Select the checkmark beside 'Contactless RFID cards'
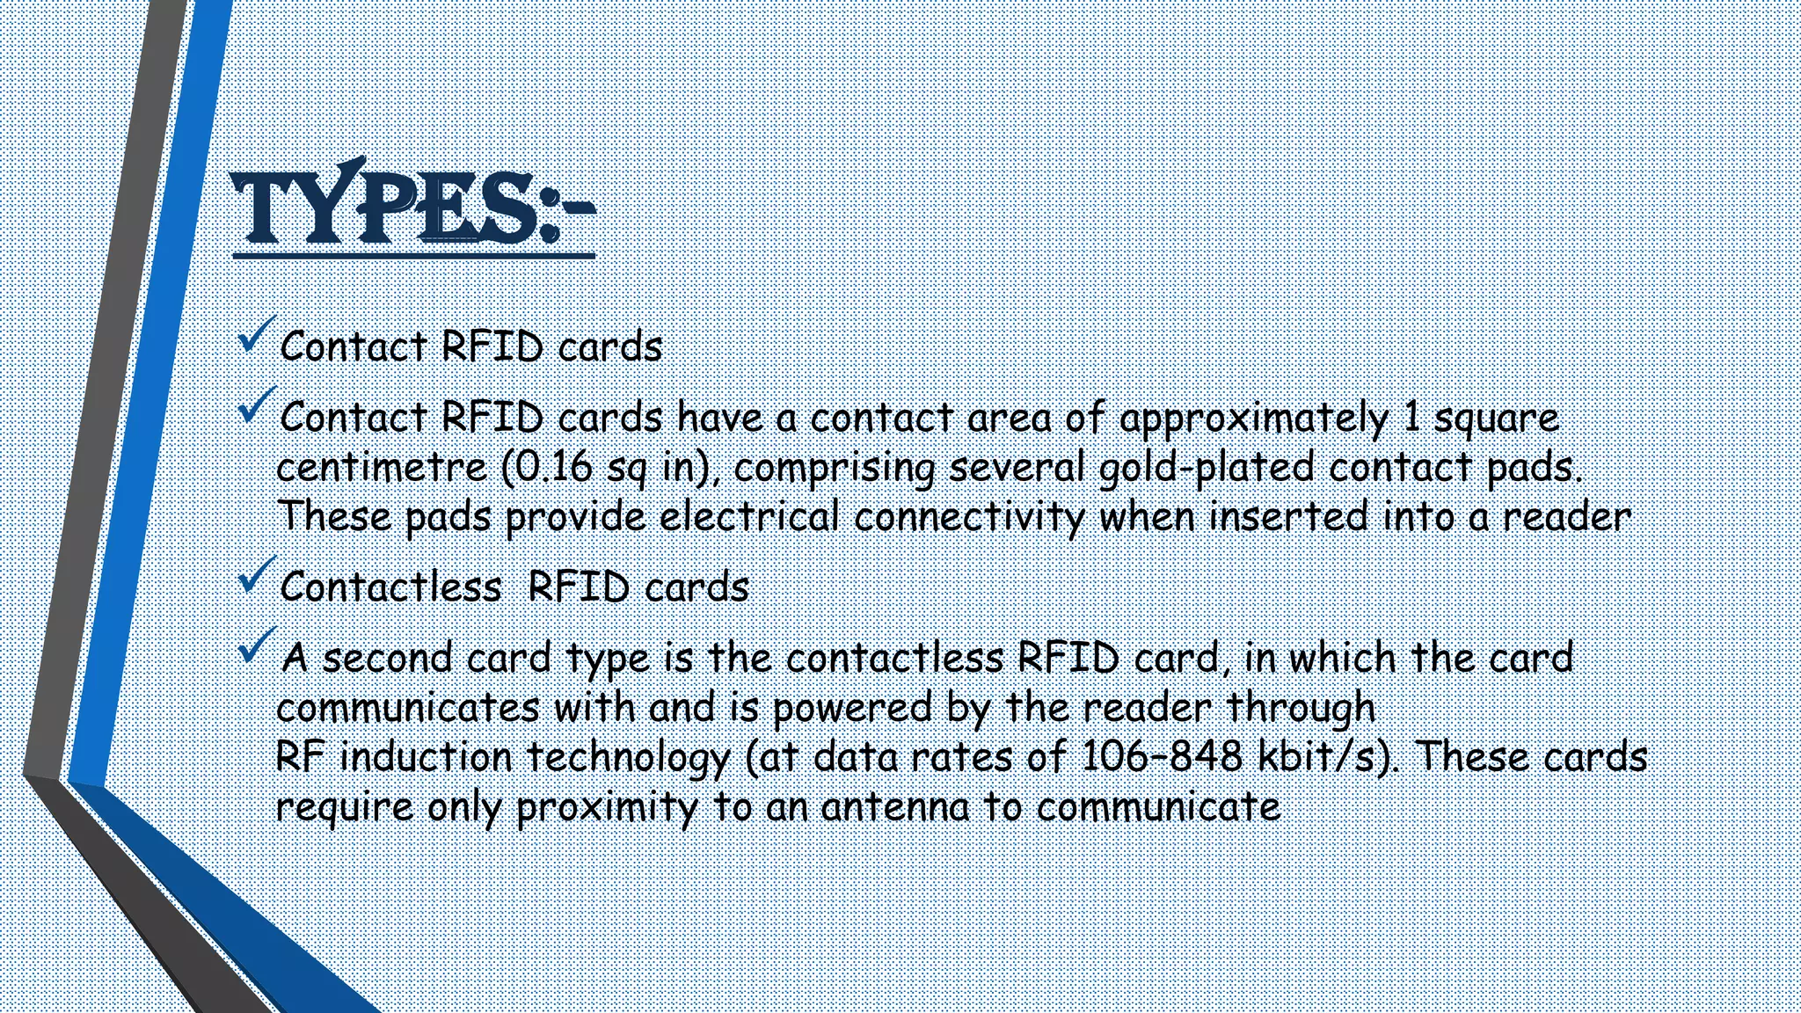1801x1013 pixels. [257, 575]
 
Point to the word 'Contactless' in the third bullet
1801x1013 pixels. [390, 587]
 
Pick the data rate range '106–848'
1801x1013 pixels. [1161, 756]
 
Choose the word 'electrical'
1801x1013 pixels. [750, 516]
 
